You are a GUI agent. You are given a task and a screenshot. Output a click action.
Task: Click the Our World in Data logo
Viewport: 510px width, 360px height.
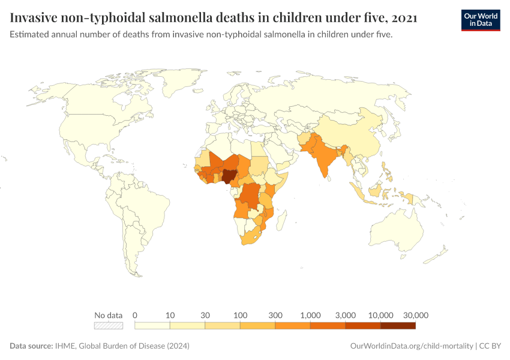(x=480, y=20)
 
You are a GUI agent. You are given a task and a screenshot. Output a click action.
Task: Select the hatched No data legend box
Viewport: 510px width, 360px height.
(x=109, y=326)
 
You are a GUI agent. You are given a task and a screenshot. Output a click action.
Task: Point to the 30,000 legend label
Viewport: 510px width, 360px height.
(x=415, y=315)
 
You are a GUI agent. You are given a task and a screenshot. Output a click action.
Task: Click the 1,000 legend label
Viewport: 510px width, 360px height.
(x=310, y=315)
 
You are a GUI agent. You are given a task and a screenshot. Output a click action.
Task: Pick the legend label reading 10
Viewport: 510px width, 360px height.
(x=170, y=315)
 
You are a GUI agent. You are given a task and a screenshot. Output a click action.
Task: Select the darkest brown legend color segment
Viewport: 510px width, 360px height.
(x=398, y=326)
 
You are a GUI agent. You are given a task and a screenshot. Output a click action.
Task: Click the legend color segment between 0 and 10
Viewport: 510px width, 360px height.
(x=152, y=326)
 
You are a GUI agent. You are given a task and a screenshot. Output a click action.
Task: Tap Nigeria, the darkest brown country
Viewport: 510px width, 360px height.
(x=229, y=175)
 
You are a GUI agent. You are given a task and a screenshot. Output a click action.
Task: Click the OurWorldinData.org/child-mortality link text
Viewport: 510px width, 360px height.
(x=411, y=346)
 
